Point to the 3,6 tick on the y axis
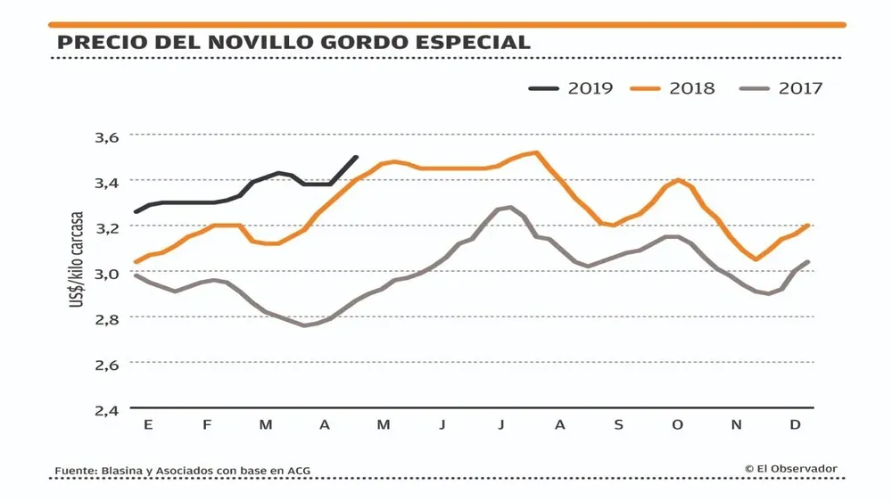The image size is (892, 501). [105, 137]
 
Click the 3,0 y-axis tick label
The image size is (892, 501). [105, 273]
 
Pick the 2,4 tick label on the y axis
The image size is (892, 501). [105, 410]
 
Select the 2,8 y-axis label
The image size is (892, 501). [105, 318]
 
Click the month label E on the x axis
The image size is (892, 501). [148, 425]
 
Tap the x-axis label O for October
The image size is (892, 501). [678, 425]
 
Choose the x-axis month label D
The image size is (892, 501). [795, 425]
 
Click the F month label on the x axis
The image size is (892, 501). [207, 425]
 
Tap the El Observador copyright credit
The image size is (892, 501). [790, 468]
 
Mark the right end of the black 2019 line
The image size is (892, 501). [357, 157]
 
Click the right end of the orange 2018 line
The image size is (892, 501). [808, 225]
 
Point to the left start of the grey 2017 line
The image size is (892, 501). [135, 275]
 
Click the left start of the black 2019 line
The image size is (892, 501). [135, 212]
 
